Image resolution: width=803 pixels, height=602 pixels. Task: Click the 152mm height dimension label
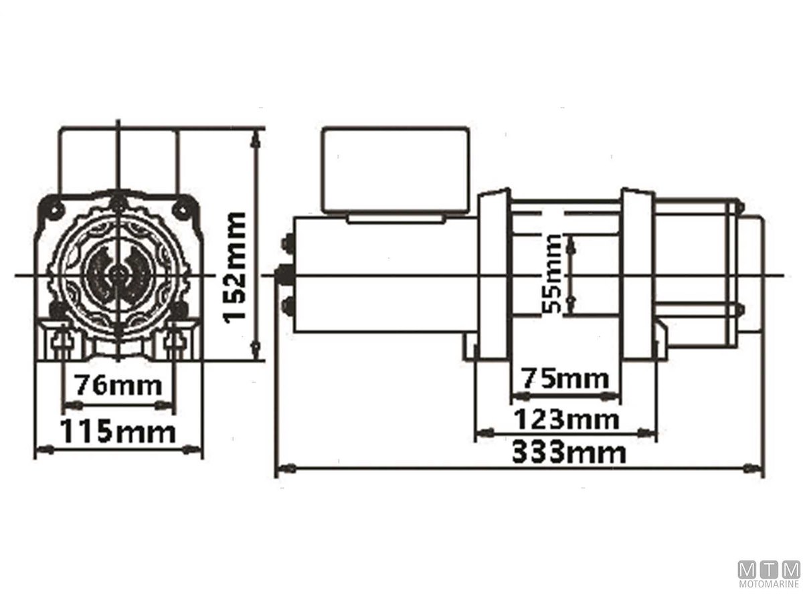point(235,268)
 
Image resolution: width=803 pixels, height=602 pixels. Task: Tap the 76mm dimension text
point(119,385)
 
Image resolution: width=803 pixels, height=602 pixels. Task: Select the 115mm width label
point(118,431)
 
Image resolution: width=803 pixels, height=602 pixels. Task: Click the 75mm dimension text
point(565,379)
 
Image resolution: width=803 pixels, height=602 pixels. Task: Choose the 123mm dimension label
point(566,419)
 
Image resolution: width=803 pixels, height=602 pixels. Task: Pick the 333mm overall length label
point(569,453)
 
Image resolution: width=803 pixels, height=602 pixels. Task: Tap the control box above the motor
point(395,171)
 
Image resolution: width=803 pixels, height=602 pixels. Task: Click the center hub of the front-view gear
point(117,273)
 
